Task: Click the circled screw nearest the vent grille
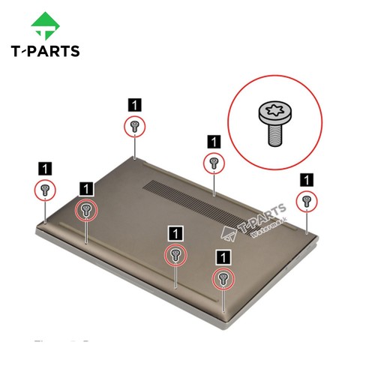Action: tap(214, 161)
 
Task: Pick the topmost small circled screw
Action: tap(134, 125)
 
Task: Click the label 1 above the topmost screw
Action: tap(134, 104)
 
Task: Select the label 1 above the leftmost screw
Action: tap(45, 166)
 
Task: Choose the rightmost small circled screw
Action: tap(306, 199)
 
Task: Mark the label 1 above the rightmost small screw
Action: tap(306, 178)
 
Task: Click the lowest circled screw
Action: tap(223, 279)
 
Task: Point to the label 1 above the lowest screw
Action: tap(223, 256)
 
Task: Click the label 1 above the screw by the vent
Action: tap(214, 140)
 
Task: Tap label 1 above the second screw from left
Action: tap(87, 187)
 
